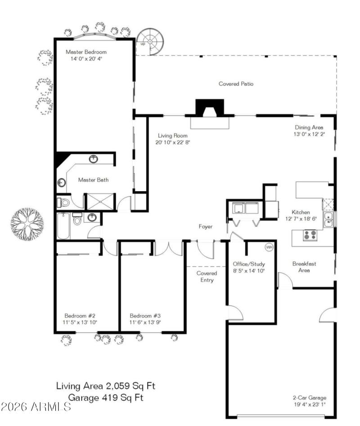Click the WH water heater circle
(269, 247)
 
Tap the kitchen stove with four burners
(309, 235)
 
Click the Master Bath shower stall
(101, 201)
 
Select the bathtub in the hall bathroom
(63, 226)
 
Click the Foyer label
(206, 227)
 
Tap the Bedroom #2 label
(80, 315)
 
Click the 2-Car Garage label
(310, 398)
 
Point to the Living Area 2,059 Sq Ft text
(106, 386)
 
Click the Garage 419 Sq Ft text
(106, 397)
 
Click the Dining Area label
(309, 127)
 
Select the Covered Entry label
(207, 277)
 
